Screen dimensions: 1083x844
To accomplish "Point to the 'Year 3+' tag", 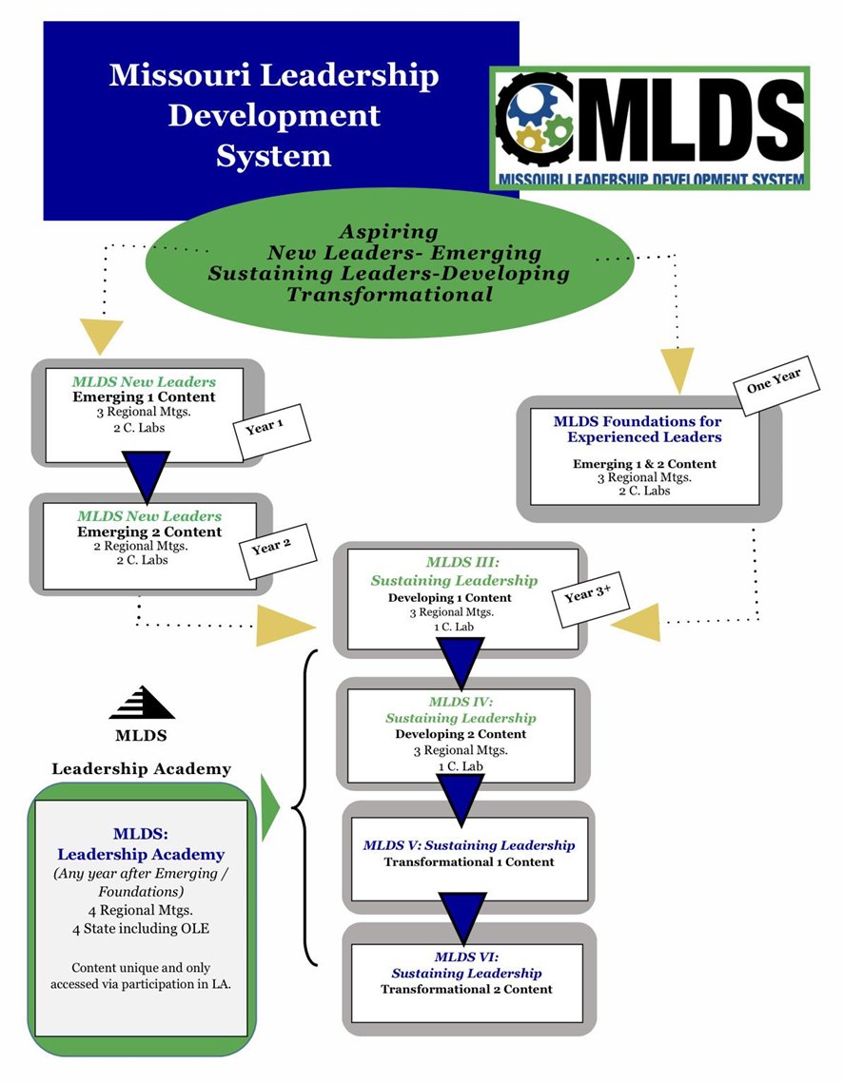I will (x=586, y=598).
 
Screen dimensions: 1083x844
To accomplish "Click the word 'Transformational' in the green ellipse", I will (x=389, y=295).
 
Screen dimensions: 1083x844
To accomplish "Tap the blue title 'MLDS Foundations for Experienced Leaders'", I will (x=637, y=429).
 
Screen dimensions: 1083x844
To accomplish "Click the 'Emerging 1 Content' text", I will (x=145, y=396).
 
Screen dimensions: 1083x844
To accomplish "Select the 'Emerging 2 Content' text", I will (x=149, y=532).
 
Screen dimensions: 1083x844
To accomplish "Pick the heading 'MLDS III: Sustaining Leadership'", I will (x=455, y=571).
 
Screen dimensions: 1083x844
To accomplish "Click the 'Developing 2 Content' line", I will (x=461, y=734).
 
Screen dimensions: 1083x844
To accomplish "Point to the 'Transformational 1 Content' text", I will (x=468, y=861).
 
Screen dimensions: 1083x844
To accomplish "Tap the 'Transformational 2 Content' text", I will (x=466, y=989).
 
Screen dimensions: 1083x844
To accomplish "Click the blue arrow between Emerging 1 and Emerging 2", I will (x=147, y=474).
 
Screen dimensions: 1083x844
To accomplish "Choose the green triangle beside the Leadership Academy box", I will (x=270, y=807).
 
